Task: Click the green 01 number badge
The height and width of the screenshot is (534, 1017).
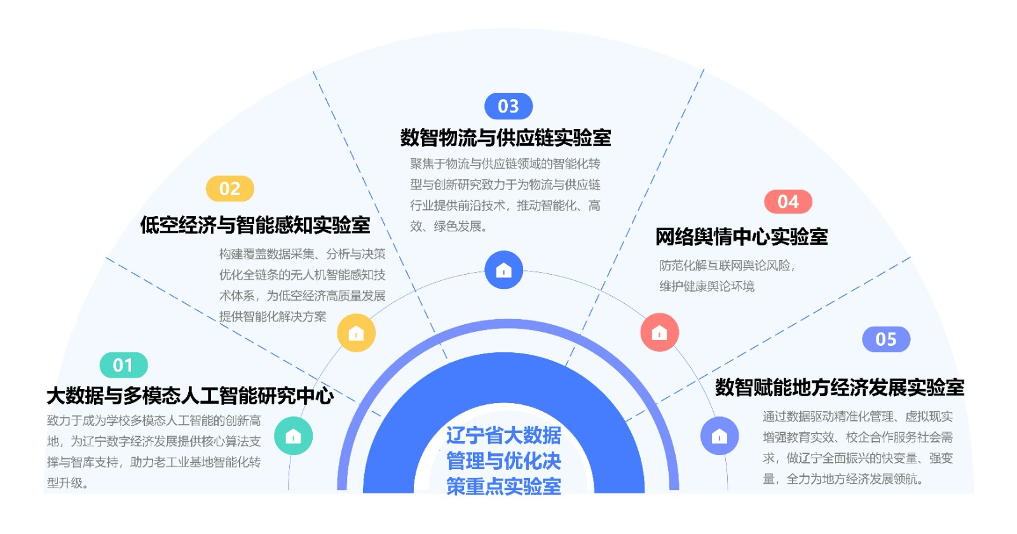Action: coord(123,365)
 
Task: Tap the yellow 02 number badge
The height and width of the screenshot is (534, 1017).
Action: coord(229,189)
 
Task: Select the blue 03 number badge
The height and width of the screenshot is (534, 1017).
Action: coord(508,106)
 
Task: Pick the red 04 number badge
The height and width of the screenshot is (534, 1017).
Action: coord(788,202)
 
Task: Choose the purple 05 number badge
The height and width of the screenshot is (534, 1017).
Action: coord(885,339)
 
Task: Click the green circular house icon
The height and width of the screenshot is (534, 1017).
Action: coord(293,435)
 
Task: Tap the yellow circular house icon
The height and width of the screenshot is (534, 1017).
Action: coord(356,332)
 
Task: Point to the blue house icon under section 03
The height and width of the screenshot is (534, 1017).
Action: coord(503,270)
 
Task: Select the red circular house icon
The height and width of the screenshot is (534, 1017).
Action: coord(659,332)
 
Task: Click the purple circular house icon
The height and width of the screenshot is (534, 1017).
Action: coord(719,435)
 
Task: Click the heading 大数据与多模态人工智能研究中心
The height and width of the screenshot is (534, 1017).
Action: coord(189,395)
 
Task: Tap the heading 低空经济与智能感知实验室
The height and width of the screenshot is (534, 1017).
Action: coord(255,224)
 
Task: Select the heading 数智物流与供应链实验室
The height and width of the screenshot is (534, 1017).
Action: coord(505,137)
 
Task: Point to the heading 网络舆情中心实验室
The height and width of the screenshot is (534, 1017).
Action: coord(741,236)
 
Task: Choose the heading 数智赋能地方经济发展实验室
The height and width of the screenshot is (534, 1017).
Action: coord(839,387)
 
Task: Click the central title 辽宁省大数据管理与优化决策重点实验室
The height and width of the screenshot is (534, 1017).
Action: coord(503,460)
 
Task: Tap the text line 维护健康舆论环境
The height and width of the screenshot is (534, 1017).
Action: coord(707,286)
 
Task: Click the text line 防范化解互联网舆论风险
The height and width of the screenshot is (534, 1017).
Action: coord(727,265)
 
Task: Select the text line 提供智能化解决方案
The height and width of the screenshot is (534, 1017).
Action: coord(273,317)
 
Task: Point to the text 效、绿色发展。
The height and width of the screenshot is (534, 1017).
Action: coord(448,226)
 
